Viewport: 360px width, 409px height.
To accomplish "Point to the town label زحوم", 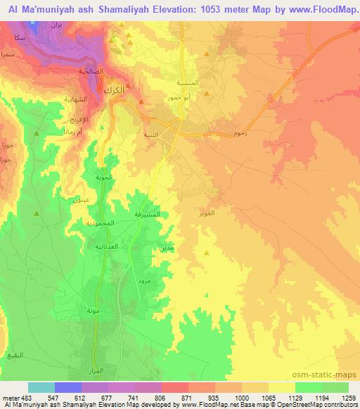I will point(235,133).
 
